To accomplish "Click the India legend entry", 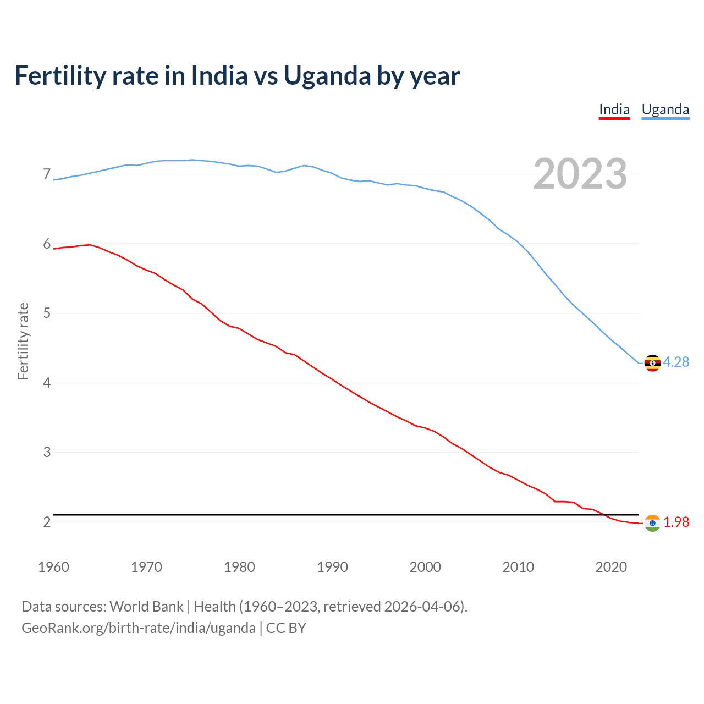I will pos(614,110).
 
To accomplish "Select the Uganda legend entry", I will pos(665,110).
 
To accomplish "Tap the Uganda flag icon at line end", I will pos(652,363).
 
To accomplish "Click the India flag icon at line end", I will pos(652,523).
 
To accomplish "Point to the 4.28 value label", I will pos(676,362).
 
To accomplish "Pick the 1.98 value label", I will pos(676,522).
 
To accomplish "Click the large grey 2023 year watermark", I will pos(580,174).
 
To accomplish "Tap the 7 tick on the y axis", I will pos(47,174).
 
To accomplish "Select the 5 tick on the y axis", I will pos(47,313).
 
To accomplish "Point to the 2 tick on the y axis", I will pos(47,522).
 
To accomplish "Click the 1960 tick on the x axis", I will pos(53,567).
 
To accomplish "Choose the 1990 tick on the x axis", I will pos(332,567).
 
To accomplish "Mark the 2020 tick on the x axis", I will pos(611,567).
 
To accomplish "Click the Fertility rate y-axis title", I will pos(23,341).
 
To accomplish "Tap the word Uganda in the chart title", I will pos(327,76).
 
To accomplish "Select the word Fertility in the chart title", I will pos(59,76).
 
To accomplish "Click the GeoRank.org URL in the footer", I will pos(138,628).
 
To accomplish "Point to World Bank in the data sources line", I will pos(146,607).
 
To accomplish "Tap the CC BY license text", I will pos(286,628).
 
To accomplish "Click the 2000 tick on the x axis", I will pos(425,567).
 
